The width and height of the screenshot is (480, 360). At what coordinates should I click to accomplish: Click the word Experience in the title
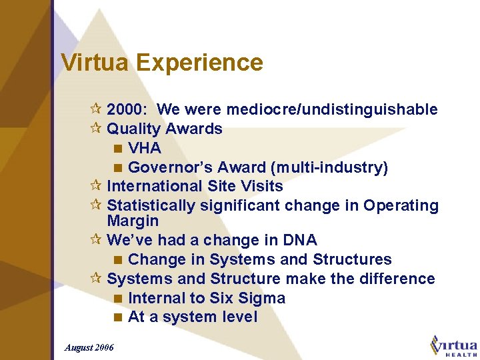pyautogui.click(x=199, y=63)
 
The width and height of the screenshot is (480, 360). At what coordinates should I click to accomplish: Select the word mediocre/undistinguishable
pyautogui.click(x=332, y=109)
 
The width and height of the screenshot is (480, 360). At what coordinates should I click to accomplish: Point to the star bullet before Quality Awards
pyautogui.click(x=97, y=129)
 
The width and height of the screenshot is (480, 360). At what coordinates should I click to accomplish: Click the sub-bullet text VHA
pyautogui.click(x=145, y=148)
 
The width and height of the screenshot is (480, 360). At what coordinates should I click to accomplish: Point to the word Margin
pyautogui.click(x=133, y=221)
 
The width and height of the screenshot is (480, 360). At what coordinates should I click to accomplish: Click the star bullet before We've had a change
pyautogui.click(x=97, y=240)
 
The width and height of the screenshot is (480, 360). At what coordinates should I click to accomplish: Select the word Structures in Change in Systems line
pyautogui.click(x=350, y=259)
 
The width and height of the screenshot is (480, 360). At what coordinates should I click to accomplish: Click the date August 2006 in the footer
pyautogui.click(x=89, y=347)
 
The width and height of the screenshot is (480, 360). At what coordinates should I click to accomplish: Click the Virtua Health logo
pyautogui.click(x=454, y=346)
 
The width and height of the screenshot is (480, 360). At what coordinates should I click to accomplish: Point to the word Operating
pyautogui.click(x=401, y=205)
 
